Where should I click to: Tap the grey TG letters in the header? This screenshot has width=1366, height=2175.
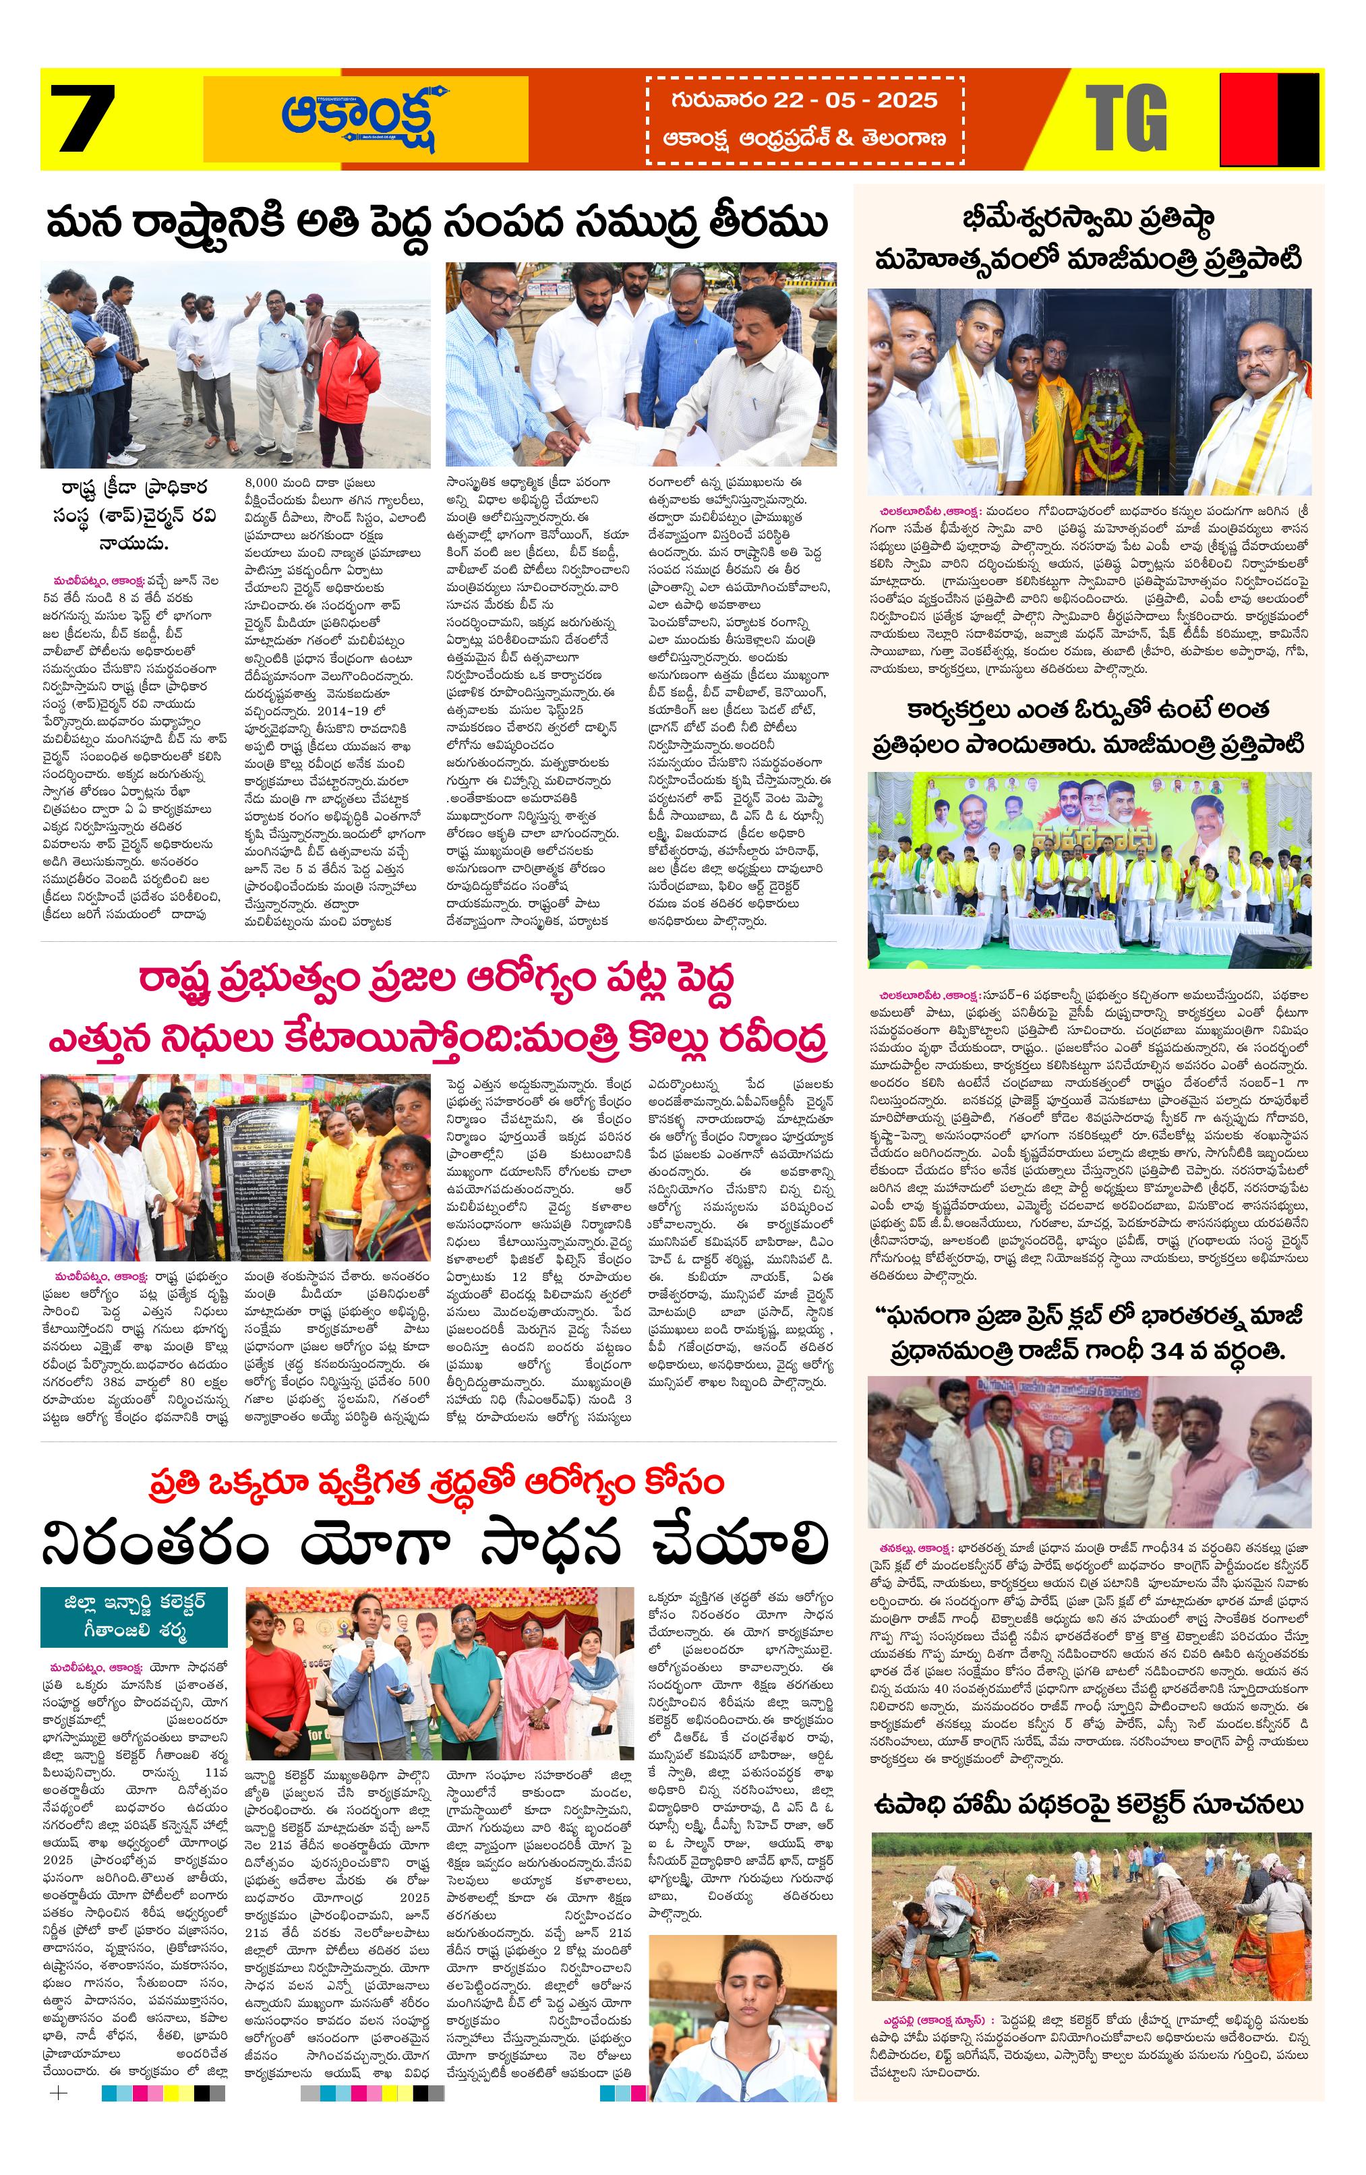1126,119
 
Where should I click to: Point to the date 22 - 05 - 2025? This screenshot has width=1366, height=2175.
804,100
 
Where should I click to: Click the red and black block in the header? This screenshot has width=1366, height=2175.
1270,119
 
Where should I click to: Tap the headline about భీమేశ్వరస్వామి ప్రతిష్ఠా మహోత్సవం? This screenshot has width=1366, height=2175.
1088,239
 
